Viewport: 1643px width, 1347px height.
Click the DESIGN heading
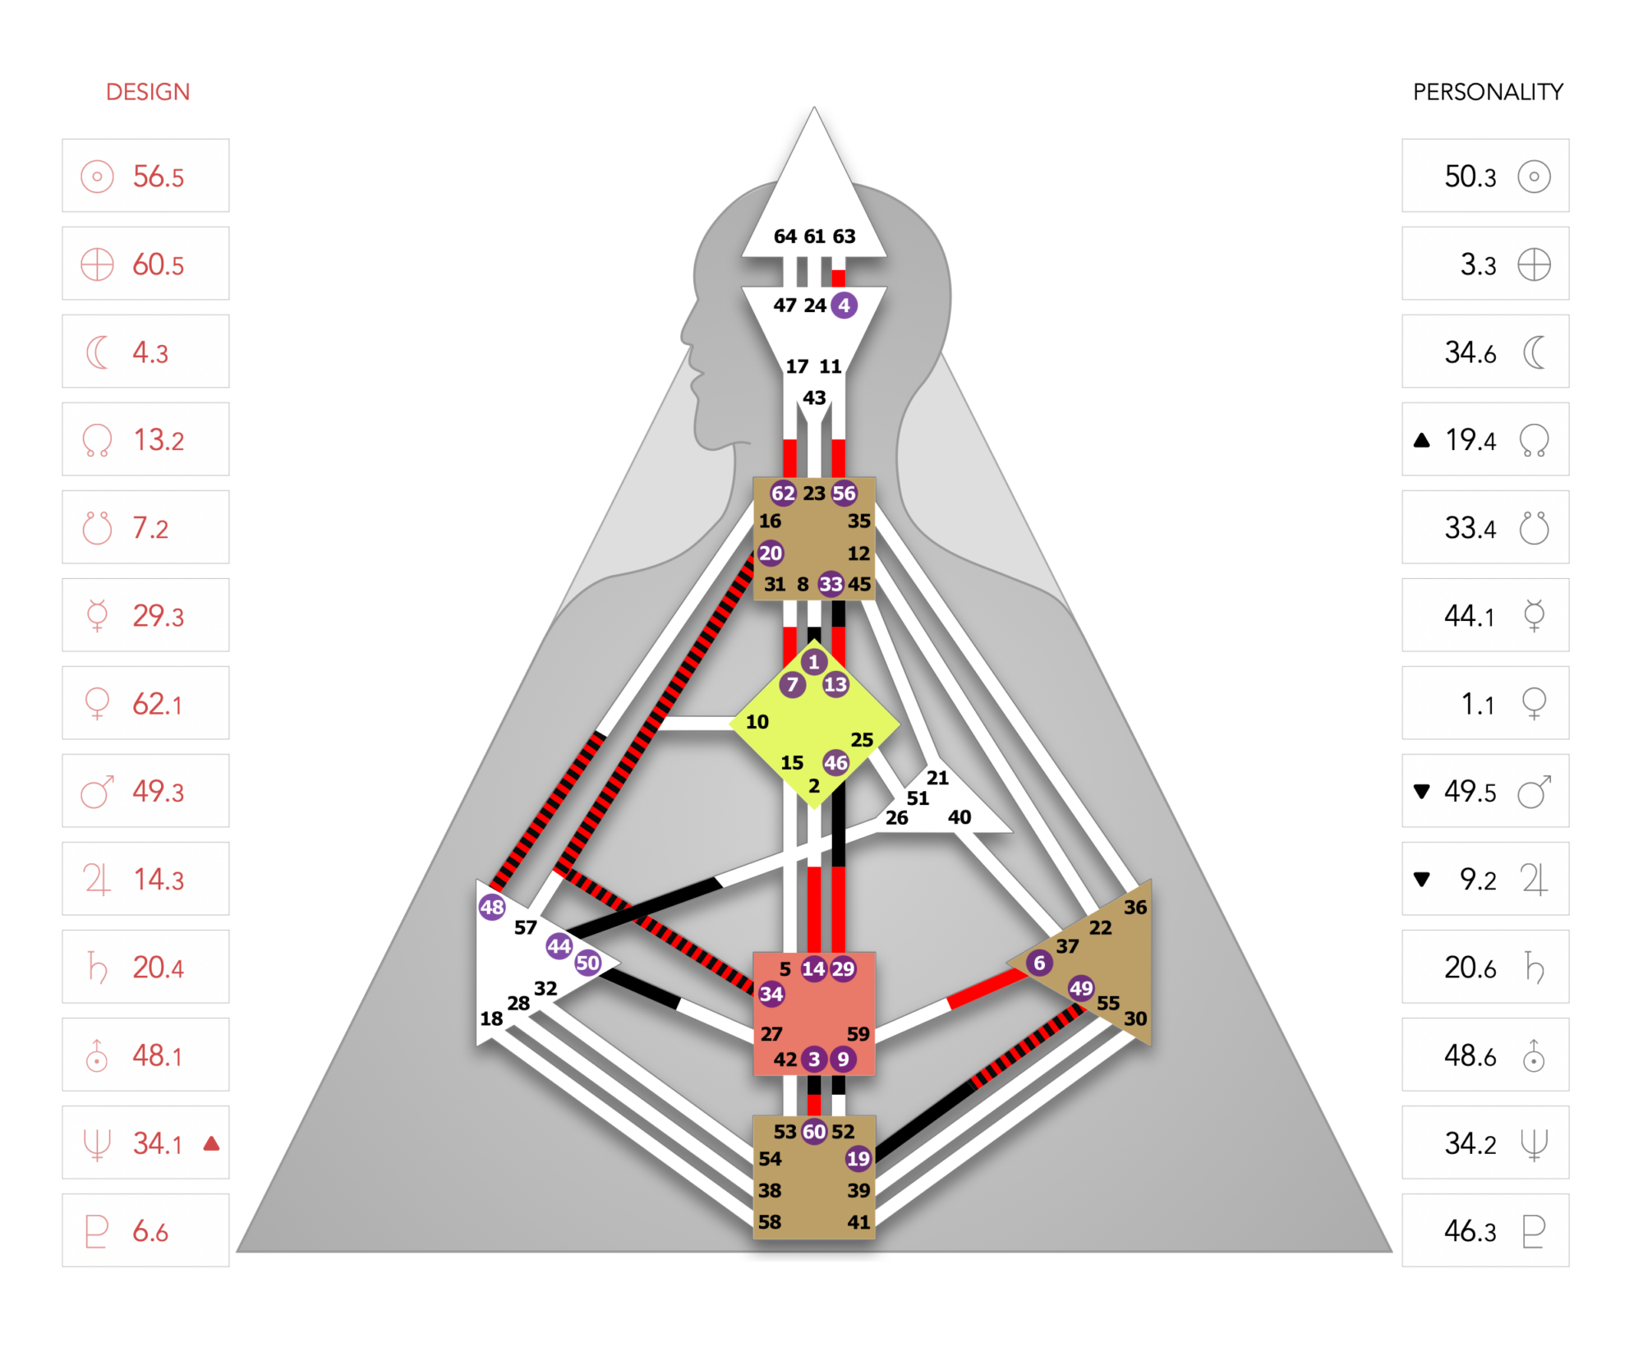pos(148,92)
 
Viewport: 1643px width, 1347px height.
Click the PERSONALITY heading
pos(1488,92)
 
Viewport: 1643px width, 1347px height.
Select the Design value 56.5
pos(159,177)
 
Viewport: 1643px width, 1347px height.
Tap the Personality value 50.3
pos(1470,177)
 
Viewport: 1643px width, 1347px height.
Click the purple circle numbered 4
pos(844,306)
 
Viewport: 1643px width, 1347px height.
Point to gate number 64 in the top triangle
pos(785,237)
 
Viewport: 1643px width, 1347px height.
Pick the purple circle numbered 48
pos(492,907)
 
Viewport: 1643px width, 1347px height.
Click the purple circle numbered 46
pos(835,763)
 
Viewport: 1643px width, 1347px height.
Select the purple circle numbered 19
pos(858,1158)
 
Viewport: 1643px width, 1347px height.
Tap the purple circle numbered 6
pos(1039,963)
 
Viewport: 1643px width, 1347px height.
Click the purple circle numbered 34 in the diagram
pos(771,995)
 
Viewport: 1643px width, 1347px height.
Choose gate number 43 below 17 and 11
pos(814,398)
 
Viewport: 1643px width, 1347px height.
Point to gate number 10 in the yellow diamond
pos(757,722)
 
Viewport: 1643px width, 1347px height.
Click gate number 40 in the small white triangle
pos(960,817)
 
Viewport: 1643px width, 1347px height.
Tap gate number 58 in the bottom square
pos(770,1222)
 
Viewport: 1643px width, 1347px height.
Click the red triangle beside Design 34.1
pos(211,1143)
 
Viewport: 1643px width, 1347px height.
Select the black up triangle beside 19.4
pos(1422,440)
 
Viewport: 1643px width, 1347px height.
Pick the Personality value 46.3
pos(1470,1231)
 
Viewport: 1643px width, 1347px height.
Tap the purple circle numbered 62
pos(783,493)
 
